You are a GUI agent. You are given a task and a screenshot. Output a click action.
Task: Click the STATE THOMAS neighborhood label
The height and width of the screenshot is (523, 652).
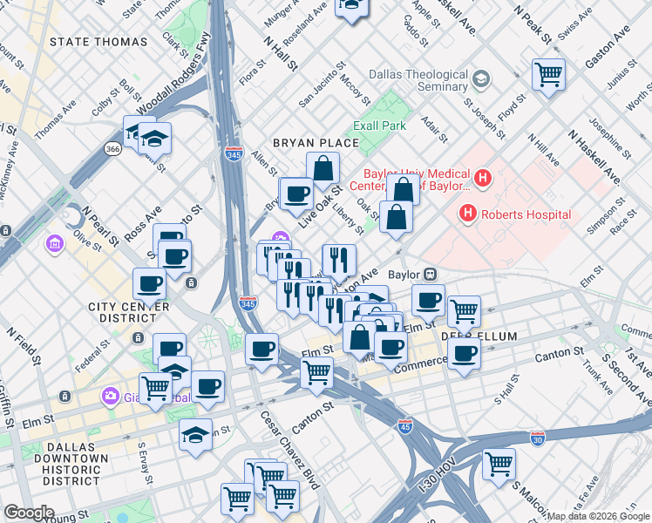click(98, 42)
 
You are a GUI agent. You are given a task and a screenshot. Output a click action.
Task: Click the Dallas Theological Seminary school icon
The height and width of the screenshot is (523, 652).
click(480, 81)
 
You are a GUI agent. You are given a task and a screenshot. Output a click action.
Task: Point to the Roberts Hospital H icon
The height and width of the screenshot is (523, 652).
click(468, 213)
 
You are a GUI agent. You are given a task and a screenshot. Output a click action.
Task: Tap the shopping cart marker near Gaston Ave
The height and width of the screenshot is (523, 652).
click(548, 75)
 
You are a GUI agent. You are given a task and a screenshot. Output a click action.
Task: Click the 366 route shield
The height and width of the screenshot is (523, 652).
click(112, 149)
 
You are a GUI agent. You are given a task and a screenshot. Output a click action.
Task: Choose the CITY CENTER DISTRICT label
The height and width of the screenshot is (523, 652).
click(127, 313)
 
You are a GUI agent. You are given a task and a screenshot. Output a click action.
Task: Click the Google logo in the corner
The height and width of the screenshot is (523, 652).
click(29, 513)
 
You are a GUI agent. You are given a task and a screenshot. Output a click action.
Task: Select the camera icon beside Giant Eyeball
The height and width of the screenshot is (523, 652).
click(110, 395)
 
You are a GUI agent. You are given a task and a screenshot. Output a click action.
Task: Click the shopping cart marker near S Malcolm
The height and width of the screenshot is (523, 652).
click(499, 464)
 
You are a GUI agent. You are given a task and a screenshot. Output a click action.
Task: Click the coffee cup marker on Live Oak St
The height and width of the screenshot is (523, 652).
click(296, 194)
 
